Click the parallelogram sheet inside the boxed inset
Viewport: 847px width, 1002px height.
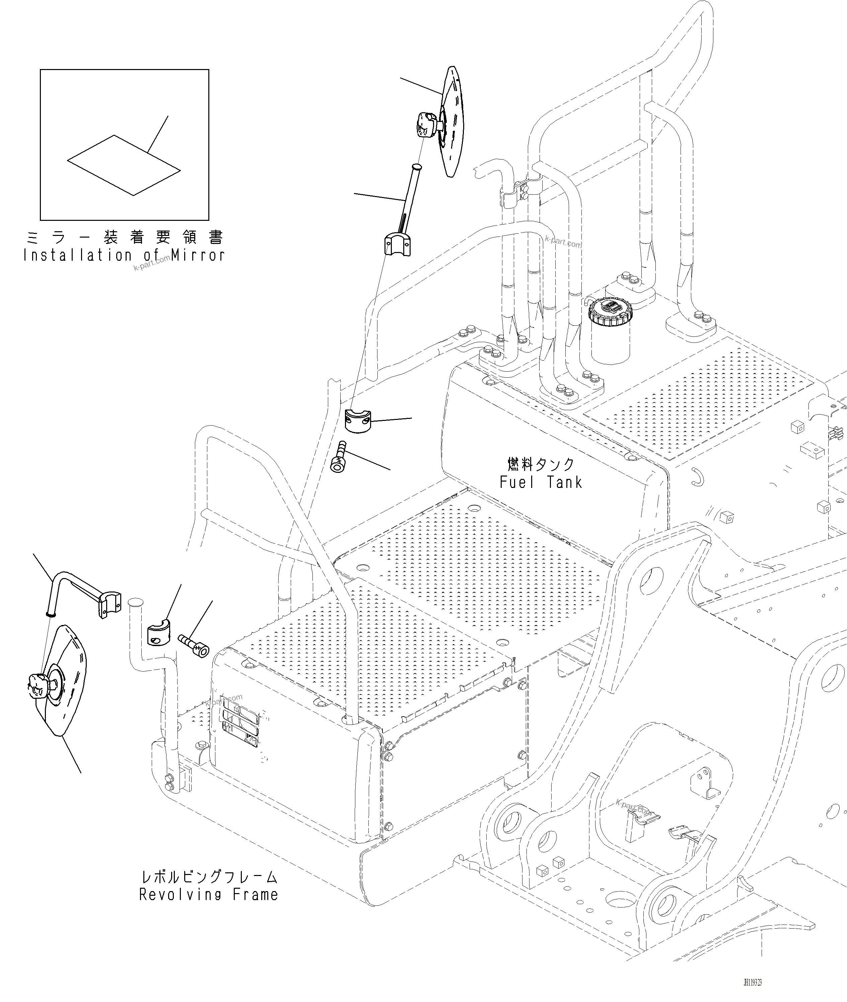click(x=124, y=165)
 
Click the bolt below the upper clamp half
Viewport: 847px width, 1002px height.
click(x=339, y=458)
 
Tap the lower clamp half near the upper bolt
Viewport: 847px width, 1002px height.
click(x=358, y=421)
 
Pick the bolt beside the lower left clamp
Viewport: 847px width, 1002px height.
click(x=194, y=645)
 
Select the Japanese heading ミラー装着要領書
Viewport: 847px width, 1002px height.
click(x=124, y=237)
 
